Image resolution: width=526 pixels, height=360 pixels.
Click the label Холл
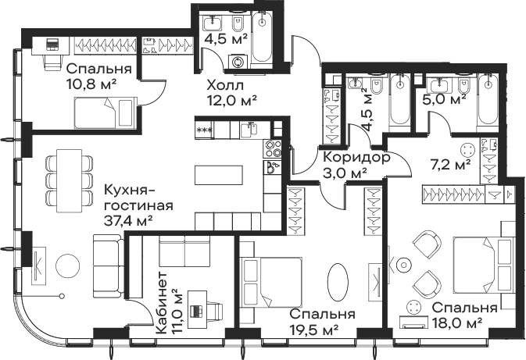click(225, 85)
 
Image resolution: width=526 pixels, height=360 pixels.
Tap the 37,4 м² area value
click(129, 220)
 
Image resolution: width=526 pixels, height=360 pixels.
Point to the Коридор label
click(356, 158)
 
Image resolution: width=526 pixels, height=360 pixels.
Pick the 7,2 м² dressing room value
click(450, 164)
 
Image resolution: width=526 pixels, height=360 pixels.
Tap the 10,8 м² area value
click(91, 84)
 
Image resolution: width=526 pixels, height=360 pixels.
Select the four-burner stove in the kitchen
click(273, 148)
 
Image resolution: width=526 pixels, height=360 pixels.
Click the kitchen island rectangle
click(219, 175)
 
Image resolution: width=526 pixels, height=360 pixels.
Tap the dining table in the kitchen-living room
click(69, 180)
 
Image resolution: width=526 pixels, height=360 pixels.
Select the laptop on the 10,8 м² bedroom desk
click(52, 45)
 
